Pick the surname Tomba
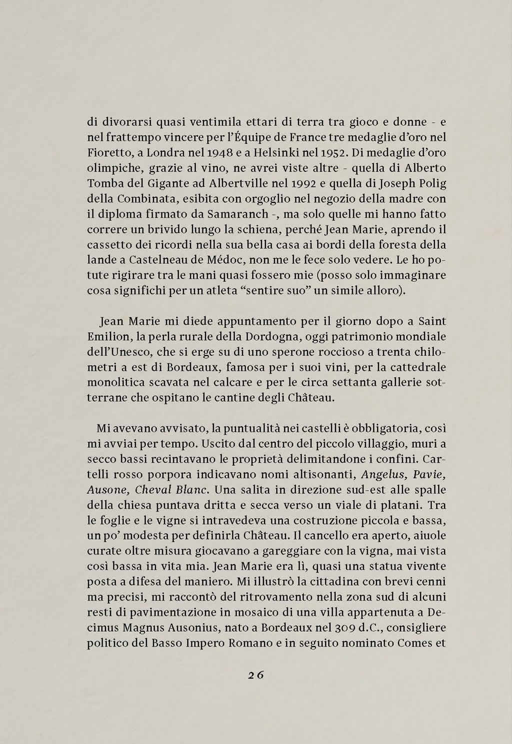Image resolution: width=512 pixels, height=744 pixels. click(102, 183)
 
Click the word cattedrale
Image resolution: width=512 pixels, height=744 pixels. click(417, 367)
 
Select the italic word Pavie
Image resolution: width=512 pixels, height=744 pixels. click(430, 474)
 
